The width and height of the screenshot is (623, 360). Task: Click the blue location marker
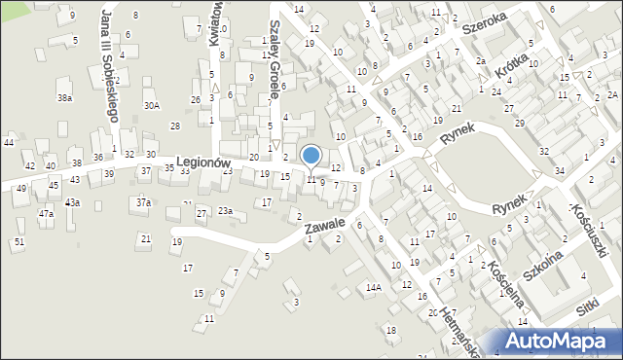coord(311,156)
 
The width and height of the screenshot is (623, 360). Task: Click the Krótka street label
coord(511,71)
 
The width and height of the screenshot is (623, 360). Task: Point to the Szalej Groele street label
coord(275,61)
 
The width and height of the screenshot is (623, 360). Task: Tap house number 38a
coord(64,98)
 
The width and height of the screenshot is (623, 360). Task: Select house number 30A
coord(151,106)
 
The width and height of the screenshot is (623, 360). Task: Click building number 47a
coord(46,213)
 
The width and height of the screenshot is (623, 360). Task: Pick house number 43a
coord(72,202)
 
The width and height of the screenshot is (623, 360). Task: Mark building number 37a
coord(143,202)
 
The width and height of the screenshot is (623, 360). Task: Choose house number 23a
coord(225,211)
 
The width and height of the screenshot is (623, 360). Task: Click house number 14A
coord(373,288)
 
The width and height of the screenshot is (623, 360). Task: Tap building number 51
coord(18,241)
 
